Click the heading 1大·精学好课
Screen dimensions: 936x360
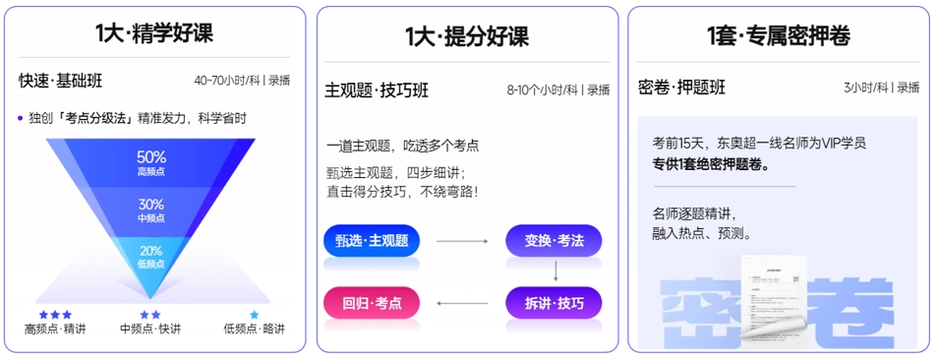(x=154, y=33)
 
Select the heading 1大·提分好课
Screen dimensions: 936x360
(x=467, y=37)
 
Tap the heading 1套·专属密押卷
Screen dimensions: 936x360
(x=778, y=36)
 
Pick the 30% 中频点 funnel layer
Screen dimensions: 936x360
(x=151, y=209)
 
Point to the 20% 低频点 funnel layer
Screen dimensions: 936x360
(x=151, y=256)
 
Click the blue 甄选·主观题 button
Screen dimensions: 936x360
(x=372, y=241)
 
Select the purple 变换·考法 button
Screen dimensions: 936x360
(x=554, y=241)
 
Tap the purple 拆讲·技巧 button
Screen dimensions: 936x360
(x=554, y=303)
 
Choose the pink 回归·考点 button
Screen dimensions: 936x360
(x=372, y=303)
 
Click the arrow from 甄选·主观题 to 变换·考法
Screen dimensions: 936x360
(x=462, y=241)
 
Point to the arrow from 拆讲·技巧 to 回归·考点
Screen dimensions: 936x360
(x=462, y=303)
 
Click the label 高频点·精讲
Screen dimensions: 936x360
(x=55, y=329)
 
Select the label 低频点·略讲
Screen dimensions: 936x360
(x=254, y=329)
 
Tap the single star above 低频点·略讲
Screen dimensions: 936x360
(x=255, y=315)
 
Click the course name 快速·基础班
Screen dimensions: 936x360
(x=60, y=81)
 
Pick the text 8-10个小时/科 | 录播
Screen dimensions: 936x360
(x=557, y=90)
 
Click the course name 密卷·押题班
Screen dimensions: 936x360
(x=681, y=87)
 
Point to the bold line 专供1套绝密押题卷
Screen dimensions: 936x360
(x=710, y=163)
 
